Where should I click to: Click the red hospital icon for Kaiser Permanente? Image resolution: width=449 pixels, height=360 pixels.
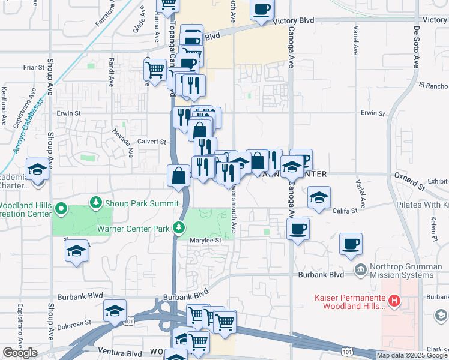394,301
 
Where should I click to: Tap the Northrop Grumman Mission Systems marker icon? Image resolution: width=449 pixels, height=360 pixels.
360,269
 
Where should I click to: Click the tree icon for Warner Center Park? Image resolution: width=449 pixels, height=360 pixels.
178,227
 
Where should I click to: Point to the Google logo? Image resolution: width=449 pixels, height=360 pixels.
20,353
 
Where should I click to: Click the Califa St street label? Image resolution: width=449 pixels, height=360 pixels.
345,211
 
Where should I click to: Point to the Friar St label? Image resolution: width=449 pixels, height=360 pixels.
34,68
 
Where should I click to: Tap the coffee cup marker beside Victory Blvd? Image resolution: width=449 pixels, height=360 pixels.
261,10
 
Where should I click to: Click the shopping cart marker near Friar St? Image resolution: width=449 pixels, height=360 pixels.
155,70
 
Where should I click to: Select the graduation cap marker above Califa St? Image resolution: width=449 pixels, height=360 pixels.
319,197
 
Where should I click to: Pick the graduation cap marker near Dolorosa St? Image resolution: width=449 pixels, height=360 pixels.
115,311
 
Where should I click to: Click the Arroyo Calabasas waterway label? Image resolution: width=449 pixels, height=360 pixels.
24,127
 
